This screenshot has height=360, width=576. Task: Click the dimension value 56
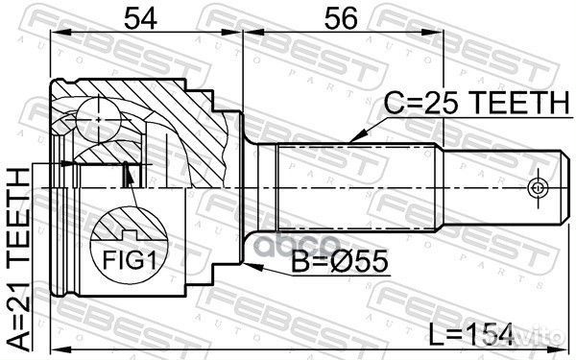point(324,18)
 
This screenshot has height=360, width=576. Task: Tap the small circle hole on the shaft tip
point(539,184)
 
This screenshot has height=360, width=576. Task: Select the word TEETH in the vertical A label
point(19,203)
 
